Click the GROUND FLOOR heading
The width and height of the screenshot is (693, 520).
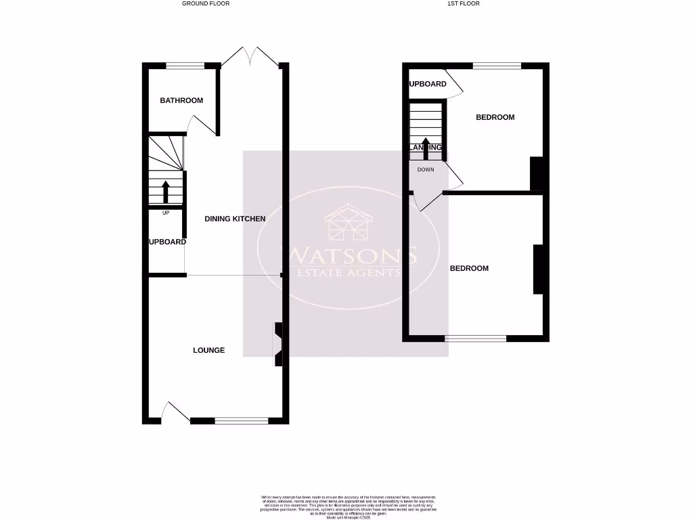206,3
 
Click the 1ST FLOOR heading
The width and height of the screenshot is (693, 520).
464,3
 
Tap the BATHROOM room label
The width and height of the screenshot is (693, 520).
181,101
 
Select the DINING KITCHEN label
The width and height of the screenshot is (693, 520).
236,219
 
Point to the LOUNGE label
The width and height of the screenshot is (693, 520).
209,350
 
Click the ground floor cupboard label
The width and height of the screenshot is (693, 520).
168,242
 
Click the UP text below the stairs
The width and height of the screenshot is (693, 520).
166,213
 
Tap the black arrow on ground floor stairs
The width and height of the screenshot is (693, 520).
166,192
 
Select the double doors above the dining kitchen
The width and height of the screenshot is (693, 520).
250,56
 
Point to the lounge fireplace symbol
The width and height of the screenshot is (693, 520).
277,345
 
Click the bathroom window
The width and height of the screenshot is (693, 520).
185,66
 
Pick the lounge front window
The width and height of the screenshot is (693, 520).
242,420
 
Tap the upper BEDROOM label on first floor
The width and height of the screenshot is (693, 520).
495,117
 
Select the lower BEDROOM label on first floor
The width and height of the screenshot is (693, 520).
470,268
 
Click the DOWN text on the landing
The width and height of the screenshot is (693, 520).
426,169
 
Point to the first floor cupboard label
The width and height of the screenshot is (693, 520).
428,84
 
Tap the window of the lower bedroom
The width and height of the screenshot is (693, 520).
476,337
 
